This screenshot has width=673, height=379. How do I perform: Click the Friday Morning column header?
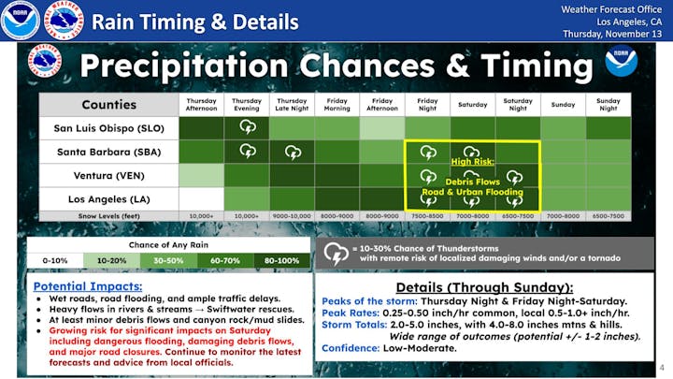coord(336,103)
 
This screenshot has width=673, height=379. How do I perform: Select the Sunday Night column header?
coord(608,103)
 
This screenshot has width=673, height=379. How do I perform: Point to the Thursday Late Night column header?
coord(292,103)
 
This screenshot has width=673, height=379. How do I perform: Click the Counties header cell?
coord(107,104)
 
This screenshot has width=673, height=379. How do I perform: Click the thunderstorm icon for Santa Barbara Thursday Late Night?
coord(292,151)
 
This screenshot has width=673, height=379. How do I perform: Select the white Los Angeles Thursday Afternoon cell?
coord(201,198)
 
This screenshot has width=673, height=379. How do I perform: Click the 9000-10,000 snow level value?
coord(292,216)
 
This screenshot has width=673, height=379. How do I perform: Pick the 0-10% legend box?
coord(55,259)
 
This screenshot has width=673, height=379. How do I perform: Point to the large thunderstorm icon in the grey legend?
coord(335,252)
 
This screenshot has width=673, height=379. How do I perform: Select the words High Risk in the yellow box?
coord(473,161)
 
